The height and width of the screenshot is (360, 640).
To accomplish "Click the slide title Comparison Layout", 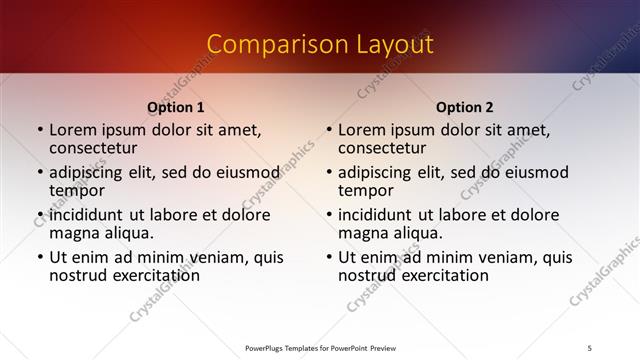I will coord(320,44).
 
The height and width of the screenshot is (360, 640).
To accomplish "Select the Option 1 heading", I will coord(176,107).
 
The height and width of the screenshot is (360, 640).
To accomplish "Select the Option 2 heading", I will coord(464,107).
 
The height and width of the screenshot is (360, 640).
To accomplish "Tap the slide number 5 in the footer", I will coord(590,347).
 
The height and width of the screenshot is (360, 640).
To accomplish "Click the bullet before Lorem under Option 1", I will coord(40,131).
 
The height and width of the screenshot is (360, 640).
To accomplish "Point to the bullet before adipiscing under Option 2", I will coord(329,173).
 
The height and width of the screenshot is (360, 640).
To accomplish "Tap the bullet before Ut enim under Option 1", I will coord(40,258).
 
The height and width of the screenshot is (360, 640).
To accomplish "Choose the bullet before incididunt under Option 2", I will coord(329,215).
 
